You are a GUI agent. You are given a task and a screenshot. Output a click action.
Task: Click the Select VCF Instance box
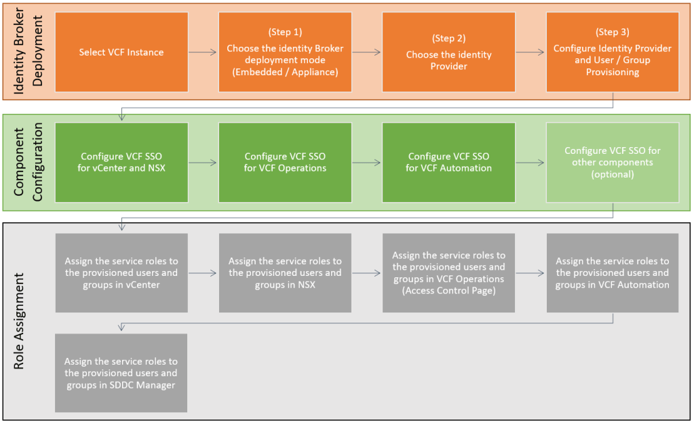point(121,52)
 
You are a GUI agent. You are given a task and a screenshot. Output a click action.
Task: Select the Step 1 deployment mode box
point(285,52)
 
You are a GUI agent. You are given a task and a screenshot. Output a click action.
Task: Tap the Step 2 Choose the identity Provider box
point(448,52)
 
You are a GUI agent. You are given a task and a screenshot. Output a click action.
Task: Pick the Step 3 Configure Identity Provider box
point(613,52)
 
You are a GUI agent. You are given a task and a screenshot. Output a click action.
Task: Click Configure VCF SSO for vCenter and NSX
point(121,162)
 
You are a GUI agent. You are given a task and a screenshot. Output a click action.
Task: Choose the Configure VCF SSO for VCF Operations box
point(285,162)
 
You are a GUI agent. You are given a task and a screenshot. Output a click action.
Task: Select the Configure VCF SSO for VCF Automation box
point(448,162)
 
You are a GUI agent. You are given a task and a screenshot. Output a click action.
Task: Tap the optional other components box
point(613,162)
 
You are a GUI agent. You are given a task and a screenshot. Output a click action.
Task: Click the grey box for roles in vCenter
point(121,273)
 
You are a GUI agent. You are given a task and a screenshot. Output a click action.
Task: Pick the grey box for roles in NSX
point(285,273)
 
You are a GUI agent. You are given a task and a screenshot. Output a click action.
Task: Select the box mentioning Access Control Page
point(448,273)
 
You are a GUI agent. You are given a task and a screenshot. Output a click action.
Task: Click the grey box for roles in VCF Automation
point(613,273)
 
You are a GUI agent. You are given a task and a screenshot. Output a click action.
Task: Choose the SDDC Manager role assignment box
point(121,373)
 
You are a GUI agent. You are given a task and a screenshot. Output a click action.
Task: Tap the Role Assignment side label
point(20,322)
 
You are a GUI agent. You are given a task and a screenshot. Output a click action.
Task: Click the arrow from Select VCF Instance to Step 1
point(203,52)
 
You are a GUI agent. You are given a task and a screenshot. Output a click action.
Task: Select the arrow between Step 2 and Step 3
point(531,52)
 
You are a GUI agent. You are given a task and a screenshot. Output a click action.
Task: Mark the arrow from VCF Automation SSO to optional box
point(531,163)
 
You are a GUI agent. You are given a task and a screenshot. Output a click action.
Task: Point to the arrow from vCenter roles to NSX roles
point(203,273)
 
